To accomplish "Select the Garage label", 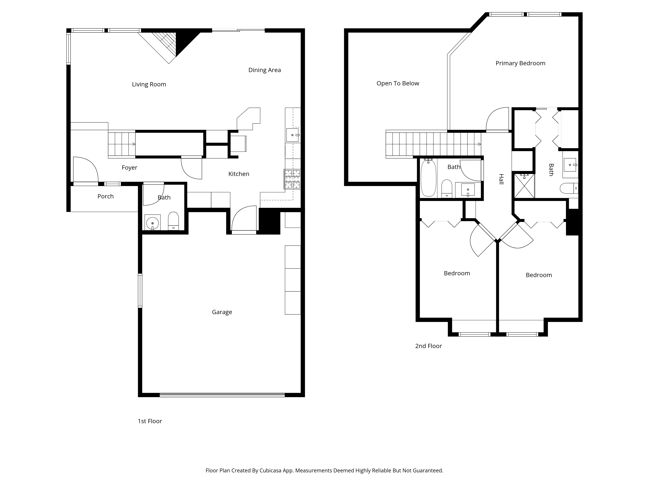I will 222,312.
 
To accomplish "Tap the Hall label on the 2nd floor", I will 501,179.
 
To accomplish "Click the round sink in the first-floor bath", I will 152,223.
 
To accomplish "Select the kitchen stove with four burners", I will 292,179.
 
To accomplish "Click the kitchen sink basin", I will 292,135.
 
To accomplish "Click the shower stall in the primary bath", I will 524,186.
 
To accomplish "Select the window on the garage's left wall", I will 140,291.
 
